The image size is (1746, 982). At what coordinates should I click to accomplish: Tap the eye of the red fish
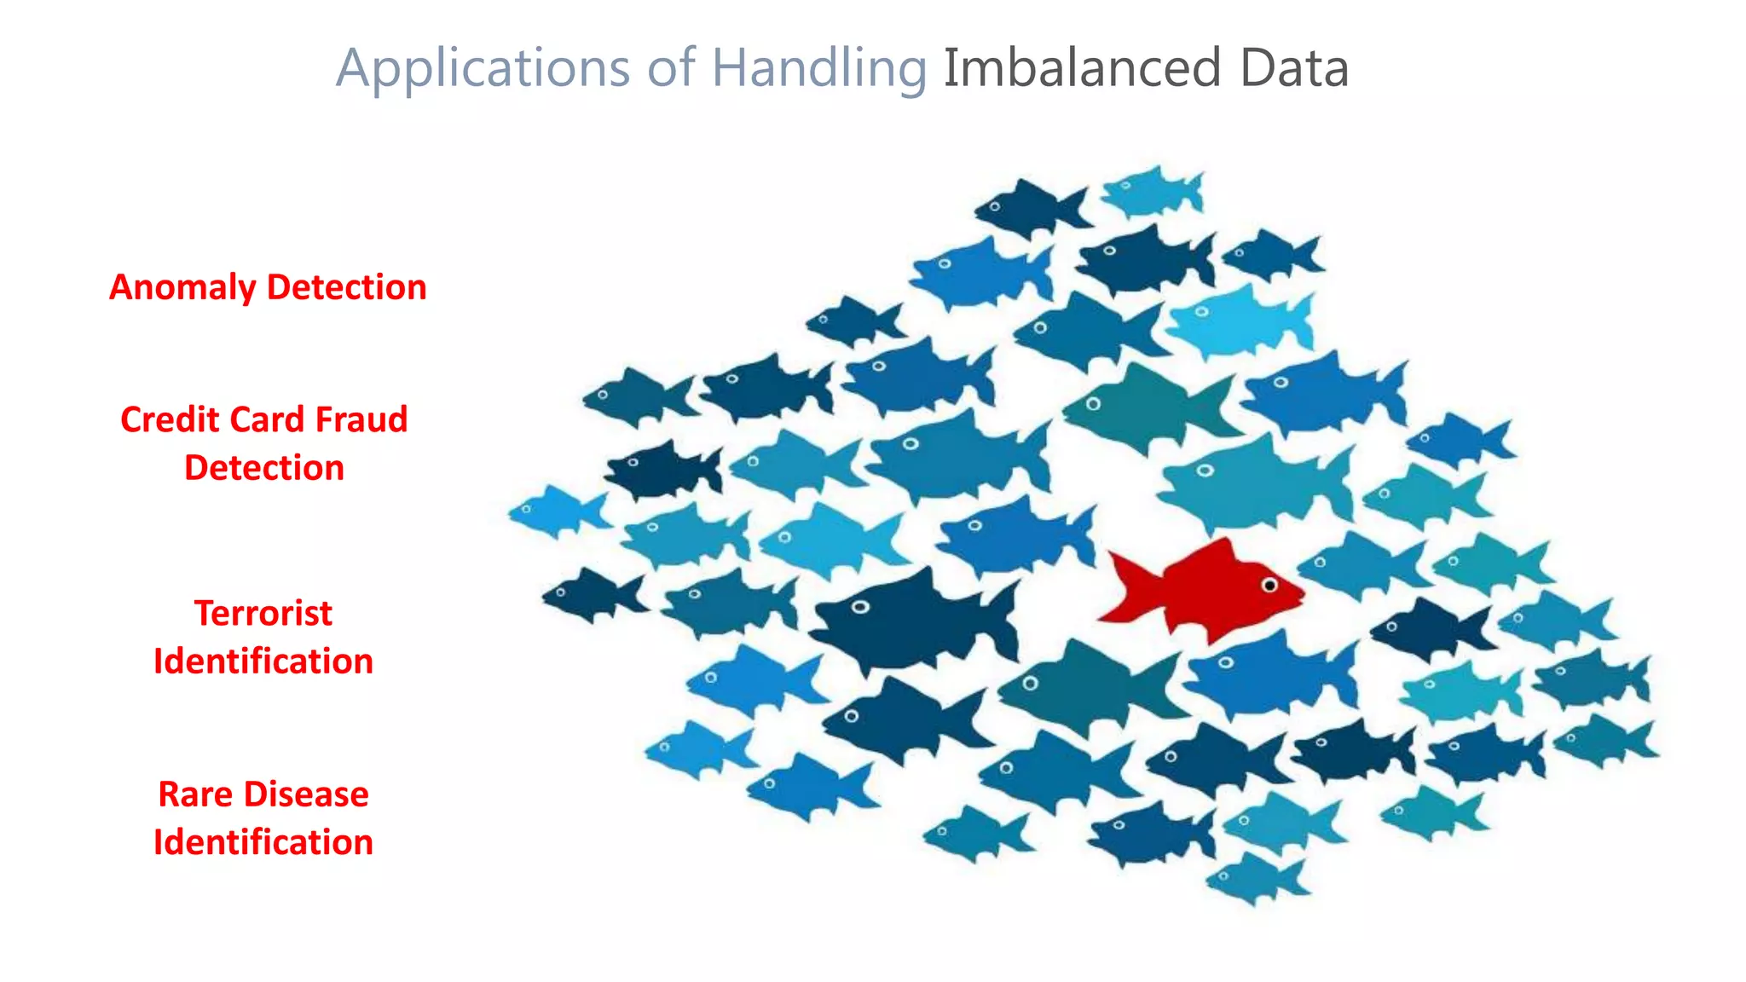tap(1269, 586)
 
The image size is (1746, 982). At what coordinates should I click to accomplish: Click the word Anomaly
tap(182, 287)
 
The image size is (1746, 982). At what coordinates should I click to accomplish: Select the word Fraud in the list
tap(361, 419)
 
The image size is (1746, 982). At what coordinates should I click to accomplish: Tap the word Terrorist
tap(263, 613)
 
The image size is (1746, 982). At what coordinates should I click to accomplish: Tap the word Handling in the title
tap(818, 68)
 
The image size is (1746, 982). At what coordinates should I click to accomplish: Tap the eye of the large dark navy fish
tap(860, 607)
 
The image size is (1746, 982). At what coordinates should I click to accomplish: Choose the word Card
tap(267, 419)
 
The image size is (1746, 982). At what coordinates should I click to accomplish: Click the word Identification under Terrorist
tap(263, 661)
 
